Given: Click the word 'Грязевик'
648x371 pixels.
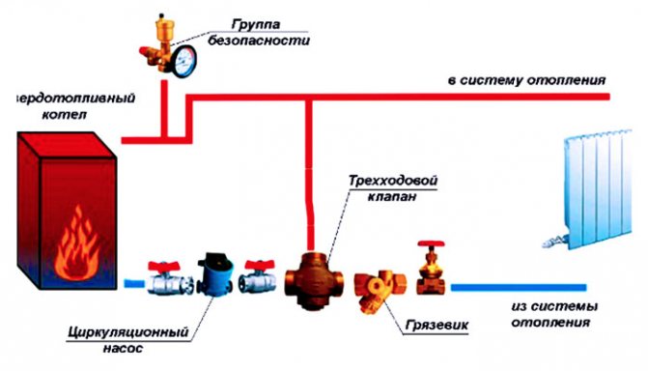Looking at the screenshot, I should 440,324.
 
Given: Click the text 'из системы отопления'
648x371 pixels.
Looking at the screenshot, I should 552,314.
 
